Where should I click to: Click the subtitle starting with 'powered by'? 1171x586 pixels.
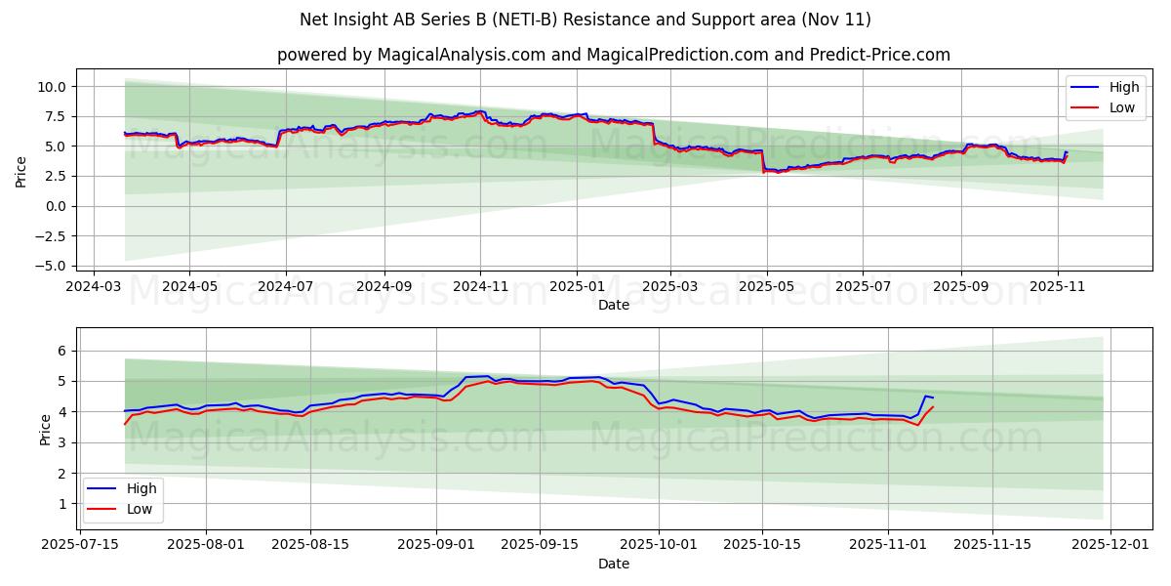coord(613,55)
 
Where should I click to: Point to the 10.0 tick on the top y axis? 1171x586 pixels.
coord(52,87)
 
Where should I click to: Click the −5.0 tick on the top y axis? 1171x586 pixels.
coord(52,266)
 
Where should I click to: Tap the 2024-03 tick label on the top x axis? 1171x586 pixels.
coord(94,288)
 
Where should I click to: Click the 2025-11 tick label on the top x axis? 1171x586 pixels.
coord(1059,288)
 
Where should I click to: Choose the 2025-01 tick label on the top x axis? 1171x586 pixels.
coord(577,288)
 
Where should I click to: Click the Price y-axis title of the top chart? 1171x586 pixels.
coord(21,172)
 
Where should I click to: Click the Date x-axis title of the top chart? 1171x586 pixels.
coord(613,305)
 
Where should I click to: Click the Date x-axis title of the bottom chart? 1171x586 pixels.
coord(613,564)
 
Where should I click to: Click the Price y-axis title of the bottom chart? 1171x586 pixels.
coord(45,430)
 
